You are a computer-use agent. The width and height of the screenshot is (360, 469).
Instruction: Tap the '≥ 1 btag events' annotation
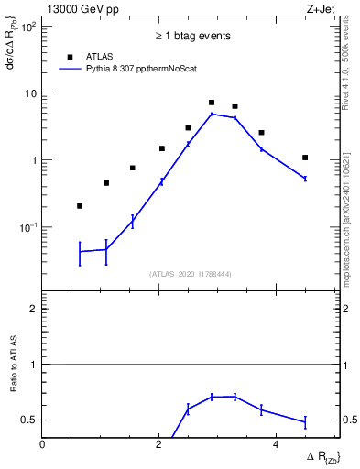191,37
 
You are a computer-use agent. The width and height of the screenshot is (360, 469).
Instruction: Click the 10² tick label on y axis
27,27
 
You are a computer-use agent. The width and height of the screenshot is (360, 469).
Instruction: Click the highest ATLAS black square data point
212,103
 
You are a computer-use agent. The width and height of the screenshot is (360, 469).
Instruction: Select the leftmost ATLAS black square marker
80,206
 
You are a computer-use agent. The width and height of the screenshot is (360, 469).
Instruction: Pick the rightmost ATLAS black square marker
305,158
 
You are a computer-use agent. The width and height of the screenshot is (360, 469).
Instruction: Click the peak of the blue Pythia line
212,114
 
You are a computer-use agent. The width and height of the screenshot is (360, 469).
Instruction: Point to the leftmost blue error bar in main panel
80,251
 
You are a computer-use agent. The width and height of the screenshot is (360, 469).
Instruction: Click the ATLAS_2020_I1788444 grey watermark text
191,273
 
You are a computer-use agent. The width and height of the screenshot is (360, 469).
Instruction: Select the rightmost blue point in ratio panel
305,422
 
